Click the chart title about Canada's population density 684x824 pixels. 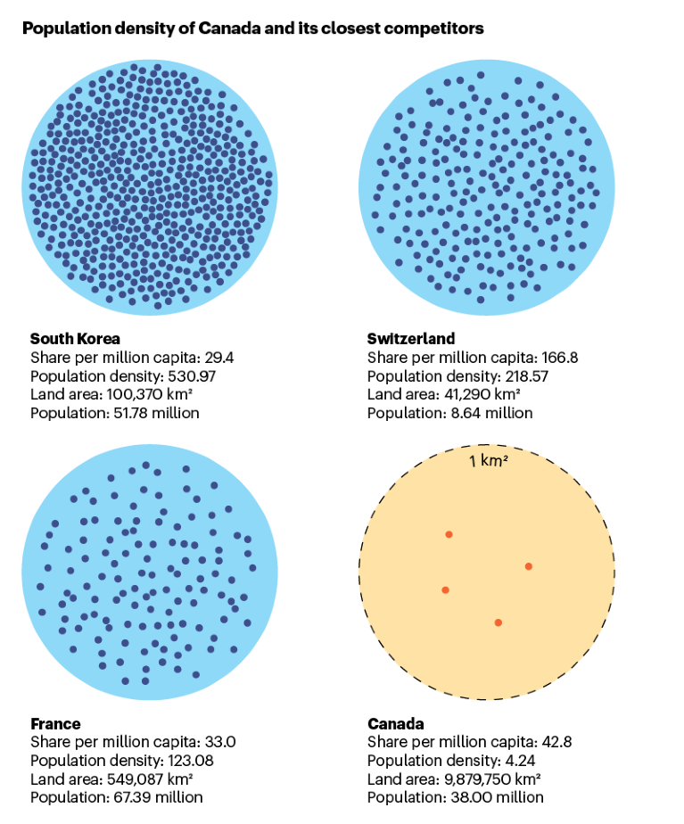tap(252, 29)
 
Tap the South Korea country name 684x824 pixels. tap(75, 339)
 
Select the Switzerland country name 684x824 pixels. tap(411, 339)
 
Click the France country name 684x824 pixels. tap(55, 723)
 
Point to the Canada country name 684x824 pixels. tap(395, 723)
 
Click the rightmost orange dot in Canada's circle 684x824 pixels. tap(528, 566)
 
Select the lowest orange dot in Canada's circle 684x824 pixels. tap(498, 622)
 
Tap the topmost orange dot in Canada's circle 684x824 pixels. tap(449, 535)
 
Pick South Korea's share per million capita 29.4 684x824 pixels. tap(214, 358)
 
